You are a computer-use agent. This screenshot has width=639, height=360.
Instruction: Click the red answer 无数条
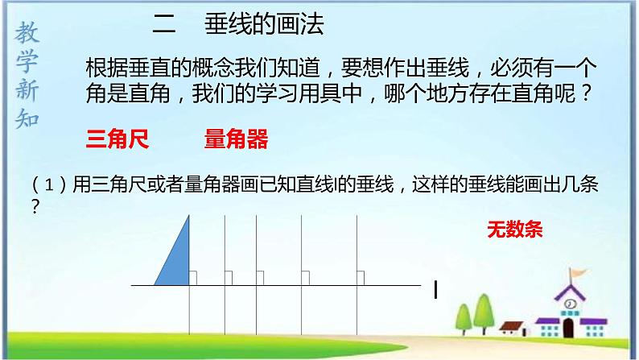tap(515, 229)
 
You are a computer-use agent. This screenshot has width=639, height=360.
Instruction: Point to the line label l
tap(435, 289)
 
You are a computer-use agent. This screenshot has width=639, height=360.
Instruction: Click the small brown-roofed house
tap(512, 327)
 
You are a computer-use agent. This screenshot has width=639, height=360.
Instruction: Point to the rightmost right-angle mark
tap(361, 279)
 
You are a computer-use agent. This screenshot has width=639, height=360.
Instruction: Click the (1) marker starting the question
tap(47, 185)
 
